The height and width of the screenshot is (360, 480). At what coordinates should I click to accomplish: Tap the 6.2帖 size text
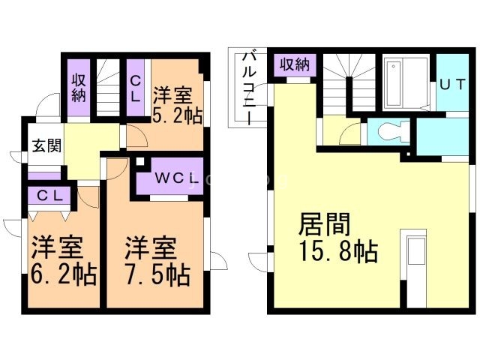(63, 275)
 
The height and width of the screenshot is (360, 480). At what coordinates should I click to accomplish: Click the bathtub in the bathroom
(406, 83)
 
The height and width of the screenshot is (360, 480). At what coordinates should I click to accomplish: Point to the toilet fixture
(390, 131)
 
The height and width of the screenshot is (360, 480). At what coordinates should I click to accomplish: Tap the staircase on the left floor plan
(109, 87)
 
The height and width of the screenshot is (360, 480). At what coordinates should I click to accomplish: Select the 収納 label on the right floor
(295, 65)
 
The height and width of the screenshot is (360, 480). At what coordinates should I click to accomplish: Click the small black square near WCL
(141, 161)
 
